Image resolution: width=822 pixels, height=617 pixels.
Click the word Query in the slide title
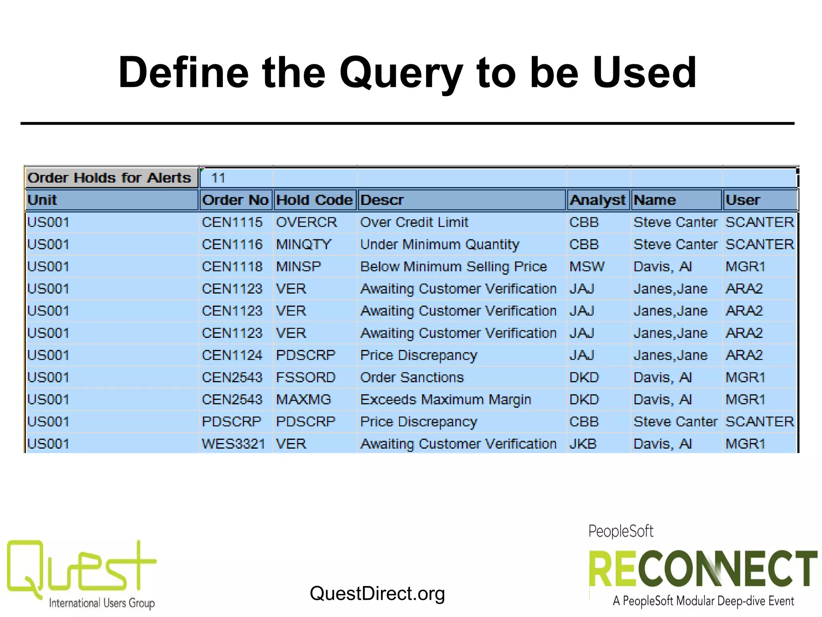[401, 73]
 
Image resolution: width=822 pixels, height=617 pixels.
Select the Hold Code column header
[314, 200]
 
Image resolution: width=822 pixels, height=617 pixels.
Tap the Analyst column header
[598, 200]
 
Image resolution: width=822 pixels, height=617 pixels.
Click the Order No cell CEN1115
[232, 222]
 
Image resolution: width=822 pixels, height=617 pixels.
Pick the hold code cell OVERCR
[306, 222]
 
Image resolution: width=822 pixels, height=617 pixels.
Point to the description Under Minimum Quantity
[439, 244]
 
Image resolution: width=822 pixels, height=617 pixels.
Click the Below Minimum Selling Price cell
[454, 266]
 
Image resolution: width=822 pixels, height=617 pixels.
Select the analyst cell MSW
[587, 266]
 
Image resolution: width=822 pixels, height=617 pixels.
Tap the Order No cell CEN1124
[232, 355]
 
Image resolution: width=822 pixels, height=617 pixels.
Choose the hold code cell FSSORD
[305, 377]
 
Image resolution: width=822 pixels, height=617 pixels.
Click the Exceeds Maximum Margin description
[446, 399]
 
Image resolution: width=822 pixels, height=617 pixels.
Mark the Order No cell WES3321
[233, 444]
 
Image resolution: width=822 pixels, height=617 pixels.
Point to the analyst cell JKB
[583, 444]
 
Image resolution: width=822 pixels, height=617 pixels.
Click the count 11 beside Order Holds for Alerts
[218, 178]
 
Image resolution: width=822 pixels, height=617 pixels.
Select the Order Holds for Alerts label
[109, 178]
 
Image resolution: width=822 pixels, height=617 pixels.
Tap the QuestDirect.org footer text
[377, 593]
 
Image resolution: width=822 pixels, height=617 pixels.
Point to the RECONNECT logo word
[702, 569]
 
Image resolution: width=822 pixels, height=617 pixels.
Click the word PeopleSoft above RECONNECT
[621, 531]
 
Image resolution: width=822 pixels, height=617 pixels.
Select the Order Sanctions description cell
[412, 377]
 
